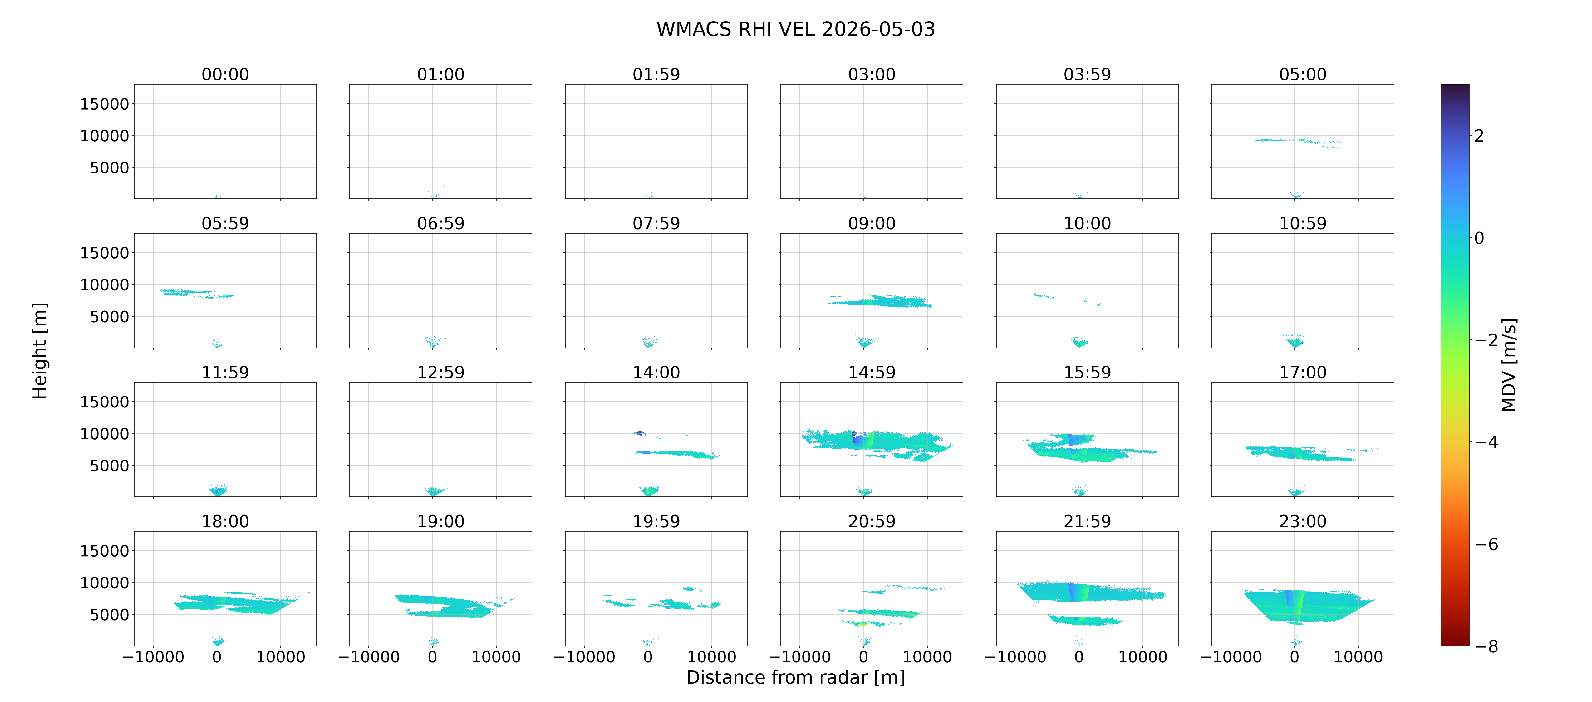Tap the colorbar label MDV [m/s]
(x=1509, y=365)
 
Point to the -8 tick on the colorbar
(x=1486, y=646)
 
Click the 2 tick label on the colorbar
(x=1479, y=136)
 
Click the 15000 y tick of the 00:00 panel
(x=105, y=104)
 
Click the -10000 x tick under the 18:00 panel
(x=153, y=657)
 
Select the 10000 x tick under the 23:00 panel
(x=1359, y=657)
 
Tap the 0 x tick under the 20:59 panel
(x=863, y=657)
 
